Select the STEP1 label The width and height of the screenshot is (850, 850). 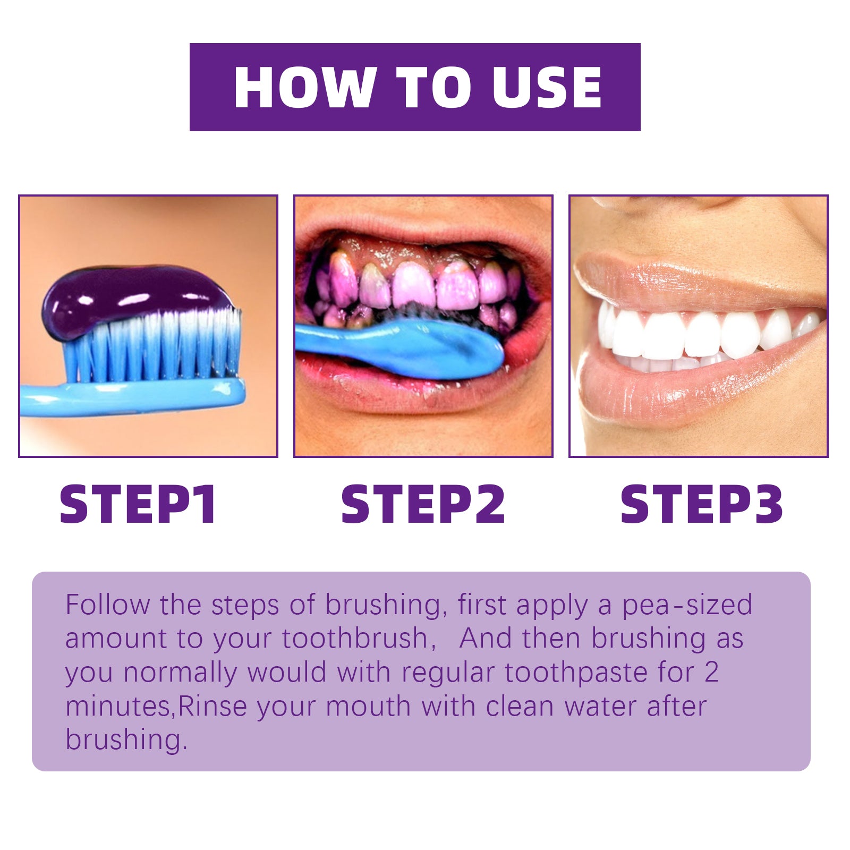tap(138, 504)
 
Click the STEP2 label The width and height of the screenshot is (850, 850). tap(423, 504)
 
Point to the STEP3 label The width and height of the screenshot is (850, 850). tap(701, 504)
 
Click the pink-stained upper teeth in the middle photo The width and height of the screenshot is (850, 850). tap(414, 284)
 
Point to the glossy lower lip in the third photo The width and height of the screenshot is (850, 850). tap(691, 388)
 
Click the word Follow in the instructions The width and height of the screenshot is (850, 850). tap(107, 605)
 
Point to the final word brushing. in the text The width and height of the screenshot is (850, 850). tap(126, 740)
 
